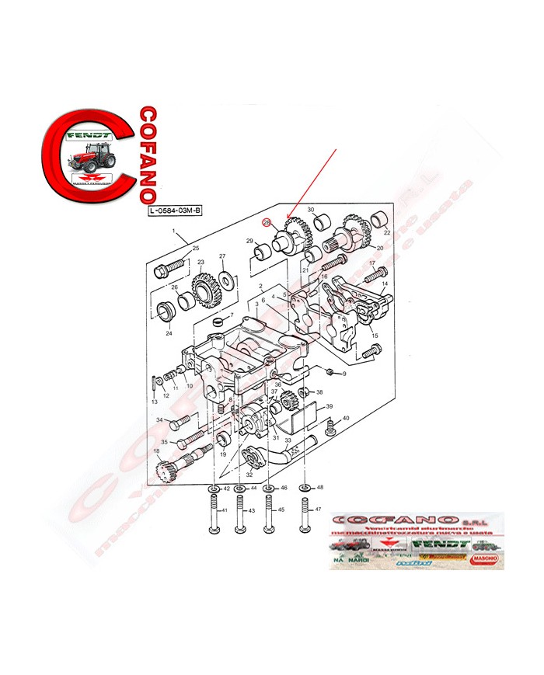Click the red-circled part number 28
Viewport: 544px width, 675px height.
[x=267, y=223]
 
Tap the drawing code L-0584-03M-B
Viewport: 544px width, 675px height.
[x=175, y=211]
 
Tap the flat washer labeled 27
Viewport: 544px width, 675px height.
[x=225, y=278]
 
